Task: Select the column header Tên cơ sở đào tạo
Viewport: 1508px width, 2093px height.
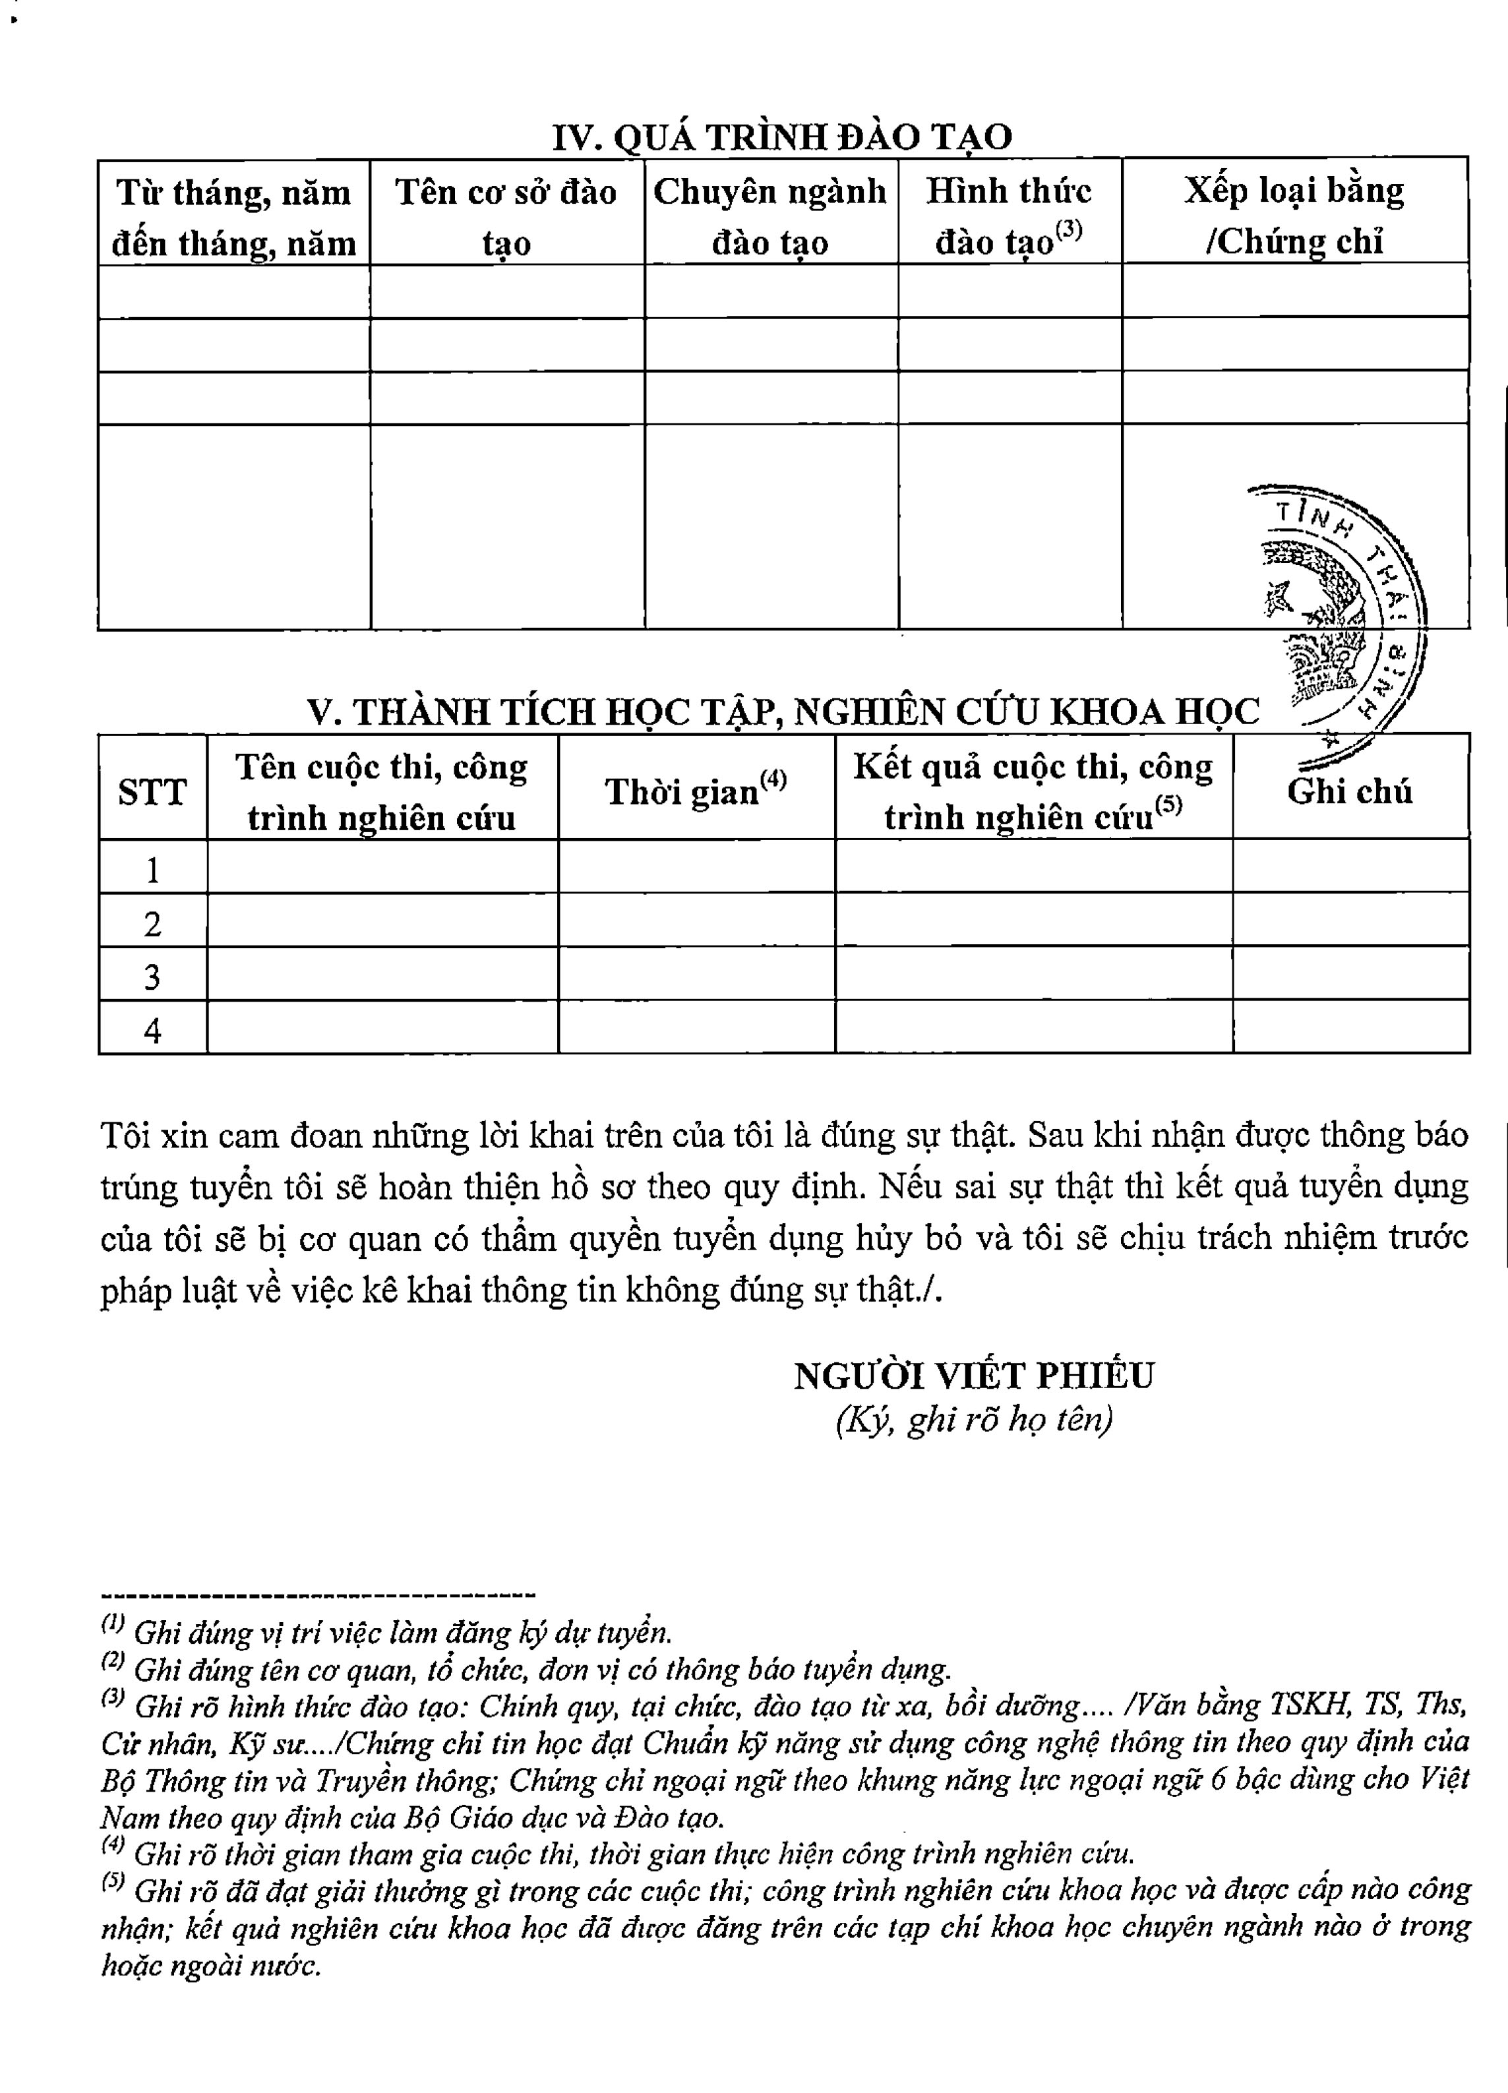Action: [506, 217]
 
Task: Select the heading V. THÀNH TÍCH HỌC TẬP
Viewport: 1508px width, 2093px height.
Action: [783, 712]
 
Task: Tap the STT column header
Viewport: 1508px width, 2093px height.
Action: [152, 792]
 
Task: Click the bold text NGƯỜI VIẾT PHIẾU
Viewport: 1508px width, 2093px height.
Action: [974, 1376]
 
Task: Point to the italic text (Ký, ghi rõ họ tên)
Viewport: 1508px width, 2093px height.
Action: [974, 1419]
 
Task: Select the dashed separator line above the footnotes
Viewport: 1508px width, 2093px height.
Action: [318, 1594]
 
